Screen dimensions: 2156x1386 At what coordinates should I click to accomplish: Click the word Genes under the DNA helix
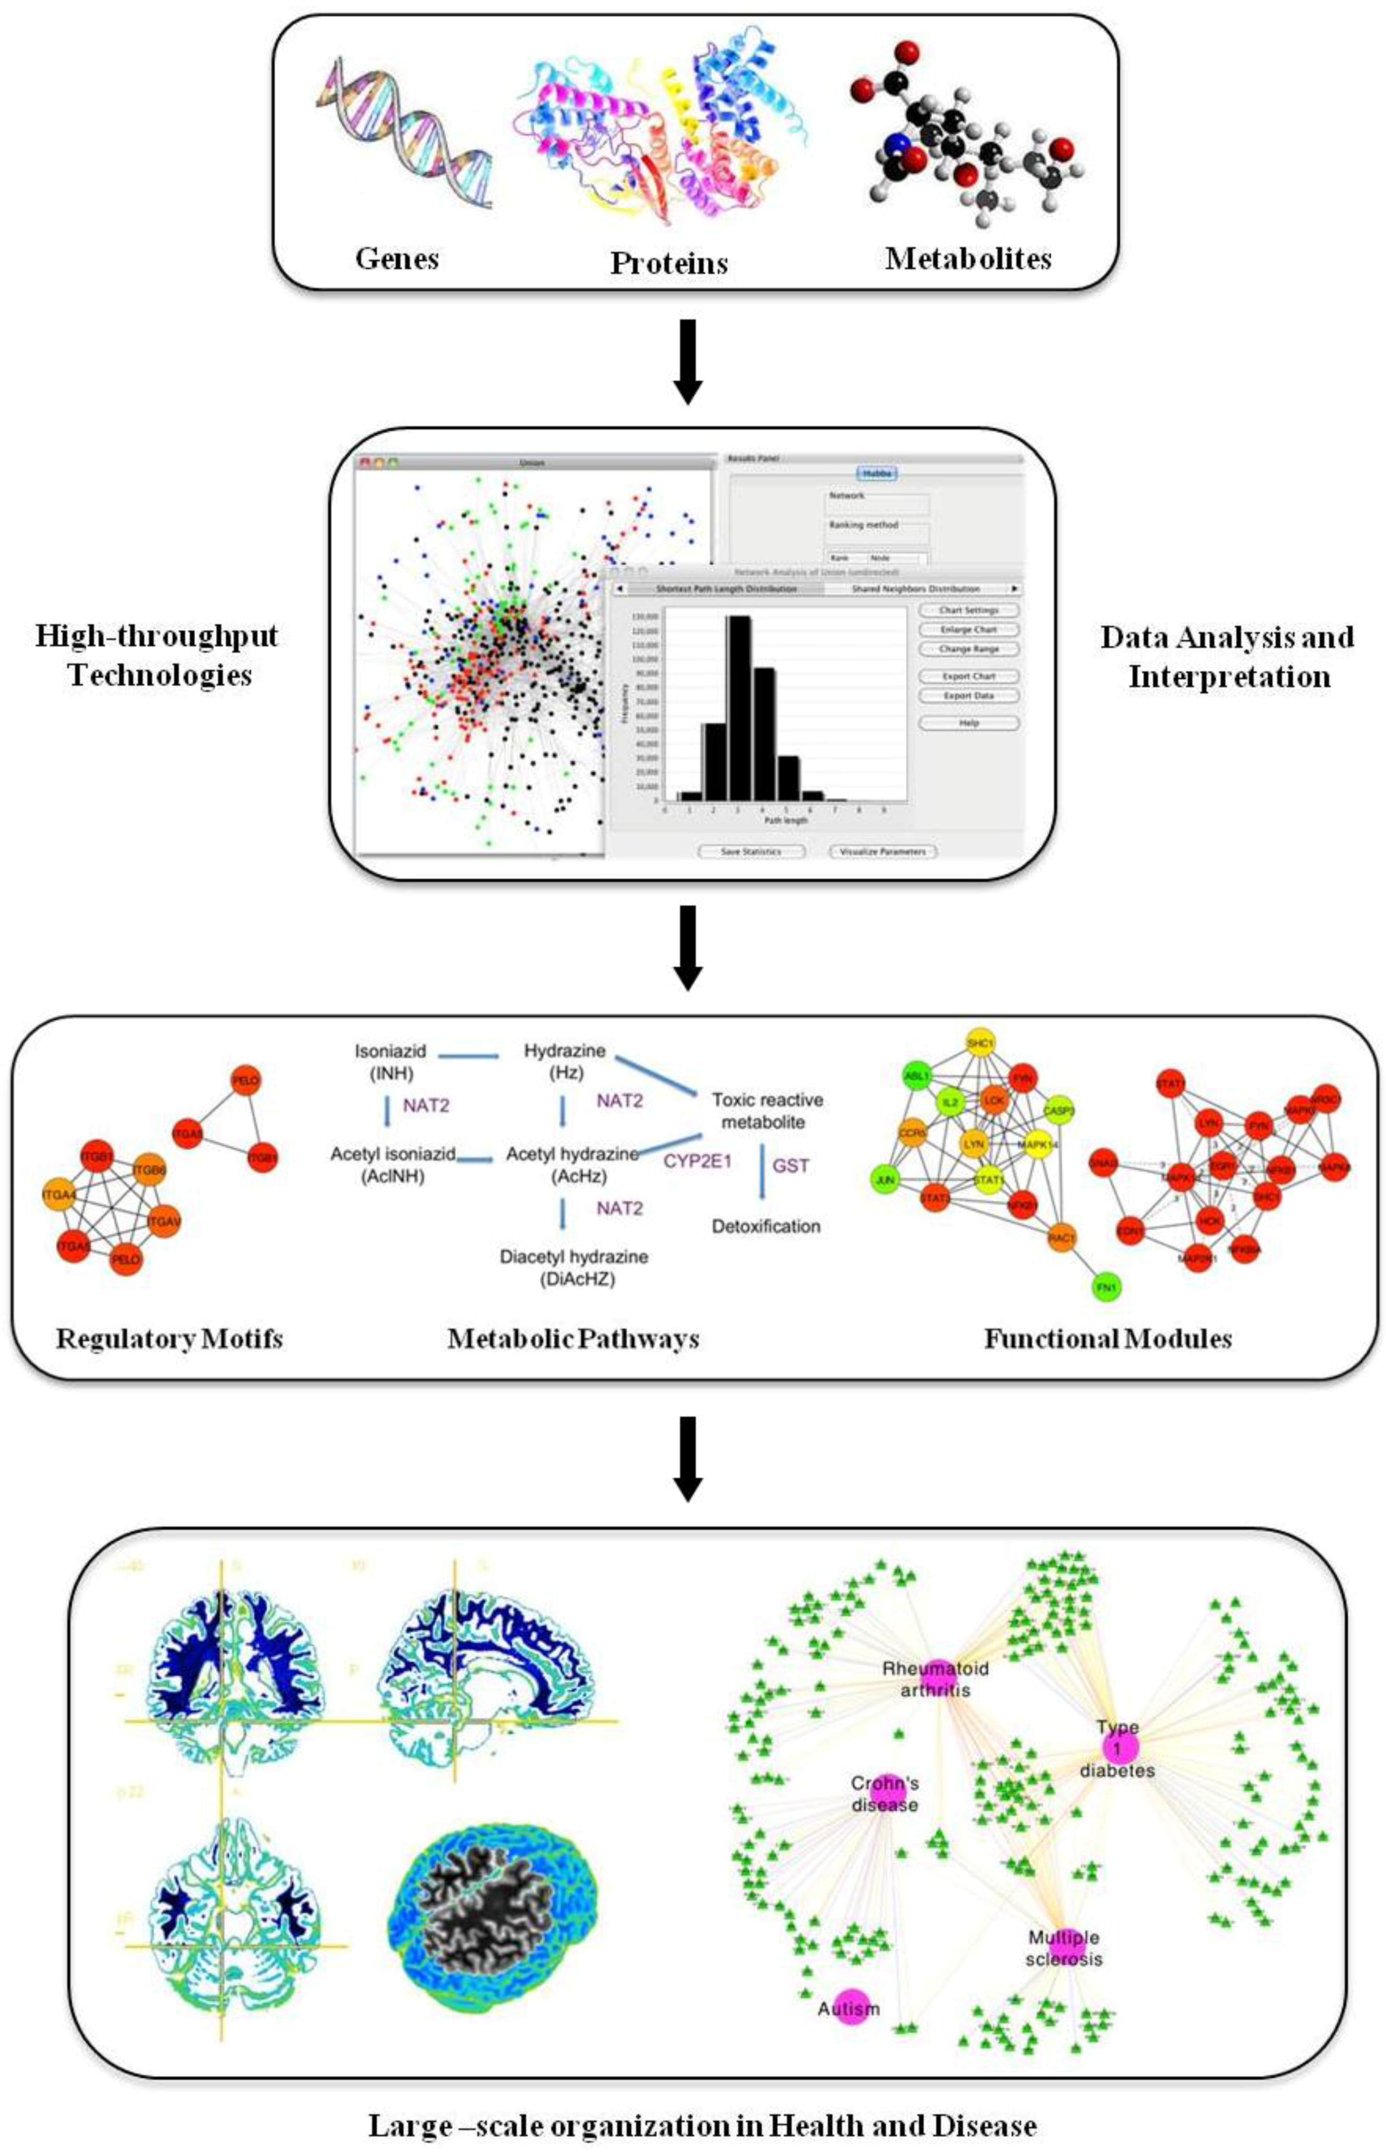point(397,259)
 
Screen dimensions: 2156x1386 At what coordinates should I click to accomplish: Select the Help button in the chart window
point(968,723)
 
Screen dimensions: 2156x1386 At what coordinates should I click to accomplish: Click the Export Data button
point(968,696)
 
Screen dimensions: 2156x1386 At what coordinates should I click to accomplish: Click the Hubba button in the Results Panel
point(876,473)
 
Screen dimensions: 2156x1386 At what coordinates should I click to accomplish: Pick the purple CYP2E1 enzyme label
point(698,1161)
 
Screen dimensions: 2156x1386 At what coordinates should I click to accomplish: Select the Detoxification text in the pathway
point(766,1226)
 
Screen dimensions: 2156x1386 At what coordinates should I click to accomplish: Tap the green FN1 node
point(1106,1288)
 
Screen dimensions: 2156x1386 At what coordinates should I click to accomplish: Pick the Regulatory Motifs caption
point(169,1339)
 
